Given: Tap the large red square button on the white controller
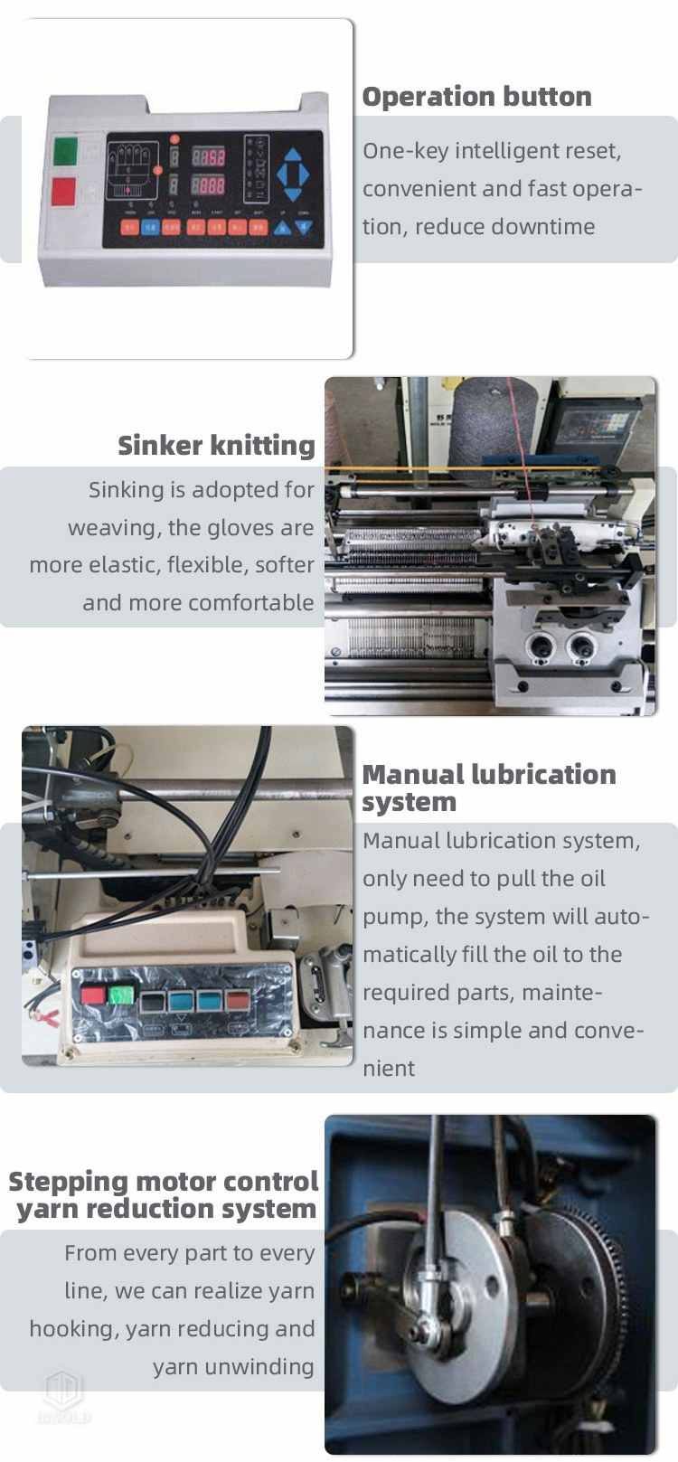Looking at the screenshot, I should click(x=65, y=192).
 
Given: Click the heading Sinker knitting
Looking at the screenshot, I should click(x=216, y=445).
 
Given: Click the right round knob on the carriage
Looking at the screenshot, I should click(x=581, y=645).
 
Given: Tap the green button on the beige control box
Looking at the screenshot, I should click(x=121, y=995).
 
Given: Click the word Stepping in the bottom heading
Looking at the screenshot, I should click(x=68, y=1181).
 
